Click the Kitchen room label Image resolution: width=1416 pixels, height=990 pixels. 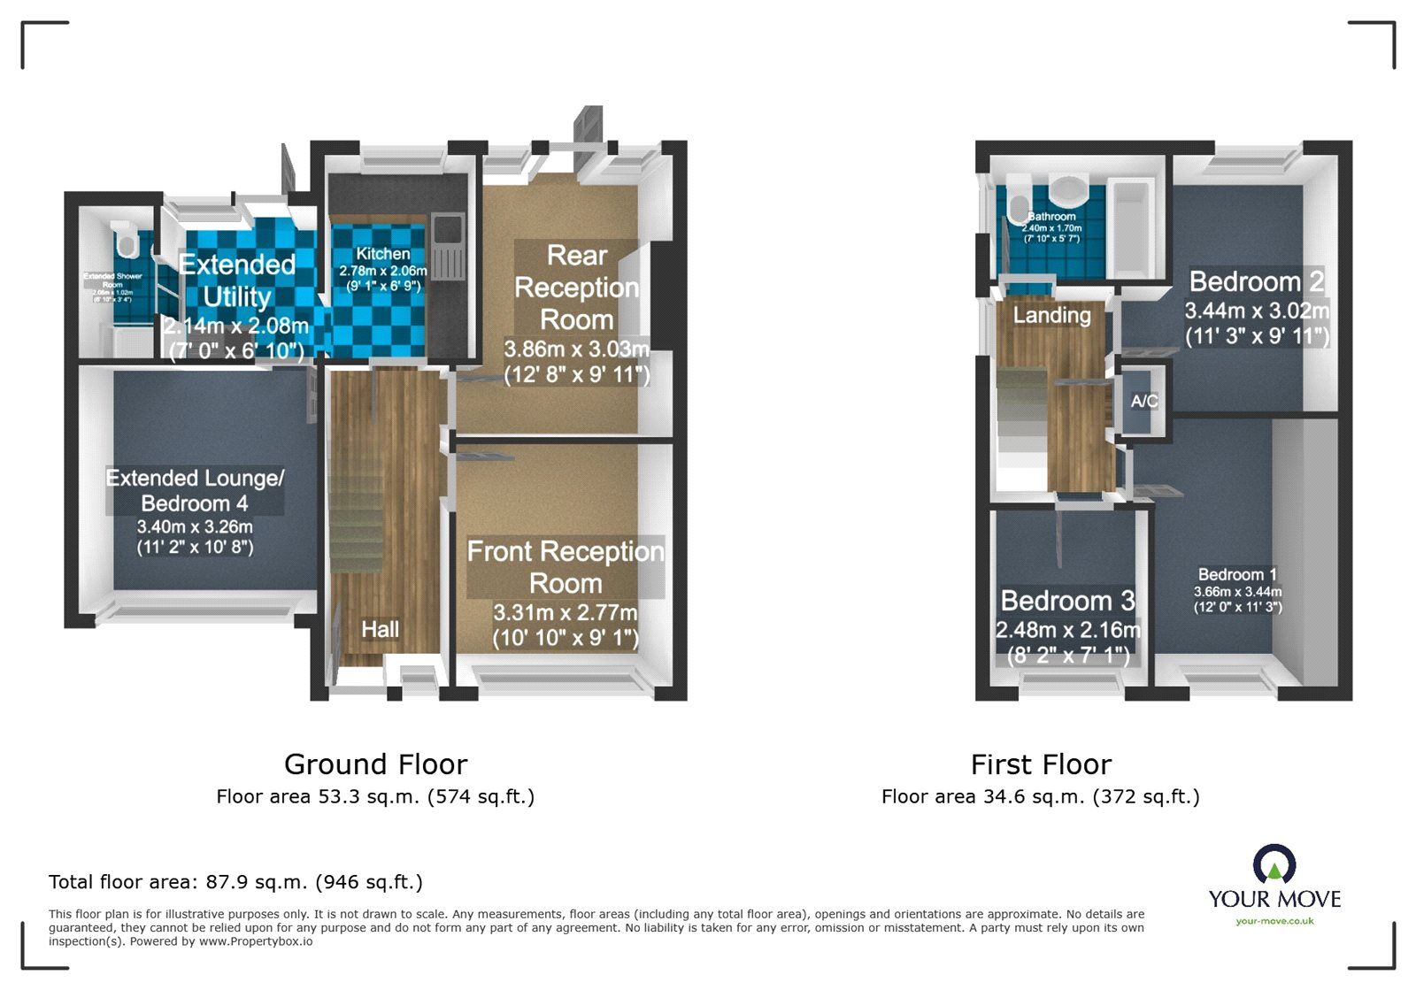[382, 254]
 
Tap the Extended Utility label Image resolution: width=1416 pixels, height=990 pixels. [236, 280]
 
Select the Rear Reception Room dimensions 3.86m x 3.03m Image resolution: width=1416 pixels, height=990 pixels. [576, 349]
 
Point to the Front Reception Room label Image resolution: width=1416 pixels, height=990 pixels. [566, 567]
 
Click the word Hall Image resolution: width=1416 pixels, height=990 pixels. [380, 629]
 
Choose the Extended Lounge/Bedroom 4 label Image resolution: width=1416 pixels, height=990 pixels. [195, 490]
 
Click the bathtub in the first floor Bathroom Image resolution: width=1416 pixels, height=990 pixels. [1130, 228]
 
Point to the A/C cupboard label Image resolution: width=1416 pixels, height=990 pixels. [1143, 401]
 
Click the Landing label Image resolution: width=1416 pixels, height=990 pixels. [1051, 315]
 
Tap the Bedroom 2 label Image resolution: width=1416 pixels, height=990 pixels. [1256, 281]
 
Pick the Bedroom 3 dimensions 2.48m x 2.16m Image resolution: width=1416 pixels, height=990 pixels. [1067, 630]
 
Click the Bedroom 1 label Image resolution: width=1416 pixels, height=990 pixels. [1237, 574]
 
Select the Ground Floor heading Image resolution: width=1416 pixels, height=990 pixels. [375, 764]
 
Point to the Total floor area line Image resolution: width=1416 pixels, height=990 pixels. [235, 881]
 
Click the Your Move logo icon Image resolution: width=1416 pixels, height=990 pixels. [1274, 863]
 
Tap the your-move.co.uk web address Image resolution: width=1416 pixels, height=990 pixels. [1274, 921]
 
